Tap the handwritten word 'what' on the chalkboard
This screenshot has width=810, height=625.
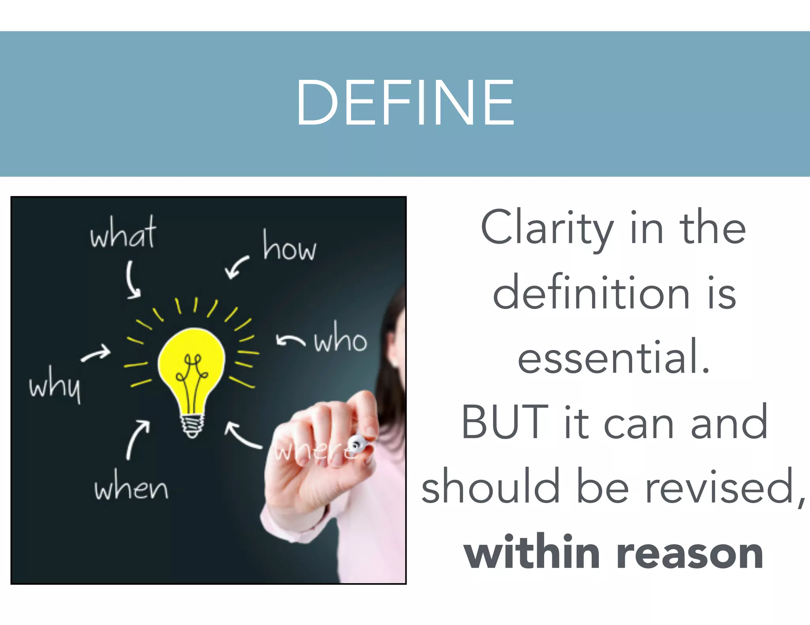pos(123,234)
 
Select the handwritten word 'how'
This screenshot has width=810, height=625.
pos(290,247)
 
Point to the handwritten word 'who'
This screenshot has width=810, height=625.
pos(341,339)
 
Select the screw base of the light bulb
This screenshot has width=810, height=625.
pos(192,426)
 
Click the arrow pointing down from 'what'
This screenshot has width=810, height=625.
pos(132,280)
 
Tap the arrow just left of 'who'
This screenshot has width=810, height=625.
pos(290,340)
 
